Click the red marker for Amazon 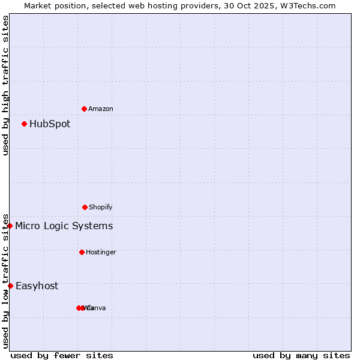[84, 109]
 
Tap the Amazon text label [101, 109]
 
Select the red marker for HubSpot [24, 124]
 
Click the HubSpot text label [50, 124]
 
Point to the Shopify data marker [85, 207]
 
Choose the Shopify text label [101, 208]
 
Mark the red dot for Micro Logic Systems [10, 226]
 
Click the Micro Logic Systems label [64, 226]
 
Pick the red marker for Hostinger [82, 252]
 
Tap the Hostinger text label [101, 253]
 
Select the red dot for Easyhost [10, 286]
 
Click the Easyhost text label [37, 286]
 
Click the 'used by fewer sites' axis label [62, 355]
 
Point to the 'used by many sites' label [301, 355]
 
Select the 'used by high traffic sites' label [5, 86]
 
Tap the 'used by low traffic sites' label [5, 280]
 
